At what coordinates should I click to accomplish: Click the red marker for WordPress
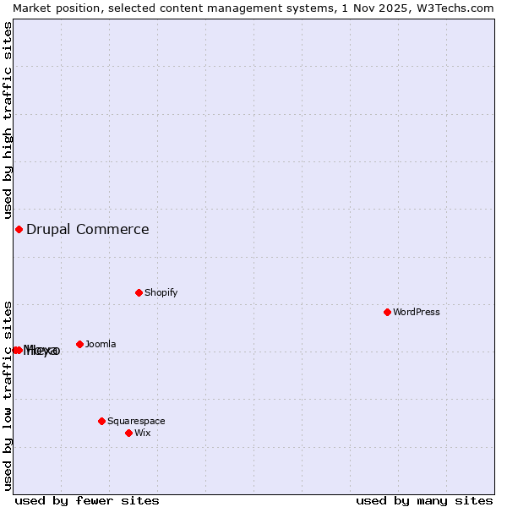pos(388,312)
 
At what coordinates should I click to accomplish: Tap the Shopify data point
pos(139,292)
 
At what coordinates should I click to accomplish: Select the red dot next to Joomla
pos(79,344)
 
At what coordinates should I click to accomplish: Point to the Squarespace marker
pos(101,421)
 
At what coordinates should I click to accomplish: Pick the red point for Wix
pos(128,433)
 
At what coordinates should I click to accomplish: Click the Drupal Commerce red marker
pos(19,229)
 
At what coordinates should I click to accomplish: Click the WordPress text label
pos(417,312)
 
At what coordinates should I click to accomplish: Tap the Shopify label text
pos(161,292)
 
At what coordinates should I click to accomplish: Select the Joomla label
pos(101,344)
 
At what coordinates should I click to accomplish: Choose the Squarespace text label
pos(136,421)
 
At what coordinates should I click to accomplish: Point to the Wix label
pos(142,433)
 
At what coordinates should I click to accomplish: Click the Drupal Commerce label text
pos(88,229)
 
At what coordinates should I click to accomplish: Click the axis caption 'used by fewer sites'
pos(87,500)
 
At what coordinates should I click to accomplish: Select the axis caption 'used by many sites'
pos(424,500)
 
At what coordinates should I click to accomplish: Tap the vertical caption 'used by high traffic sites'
pos(8,120)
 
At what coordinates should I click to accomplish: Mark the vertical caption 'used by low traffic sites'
pos(8,395)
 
